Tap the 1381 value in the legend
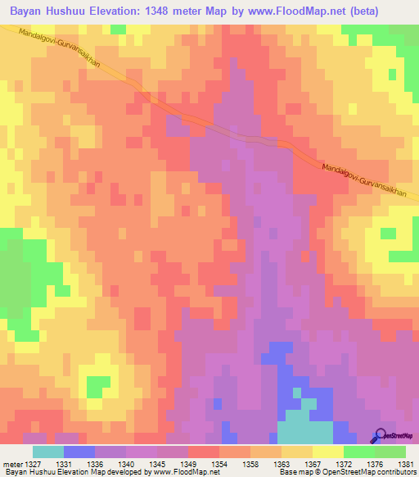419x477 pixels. click(x=406, y=463)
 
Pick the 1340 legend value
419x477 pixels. click(x=128, y=463)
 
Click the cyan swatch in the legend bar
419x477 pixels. click(x=48, y=452)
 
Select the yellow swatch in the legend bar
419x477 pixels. click(x=327, y=452)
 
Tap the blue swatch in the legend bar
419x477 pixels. click(x=79, y=452)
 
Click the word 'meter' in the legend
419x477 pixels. click(x=11, y=463)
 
